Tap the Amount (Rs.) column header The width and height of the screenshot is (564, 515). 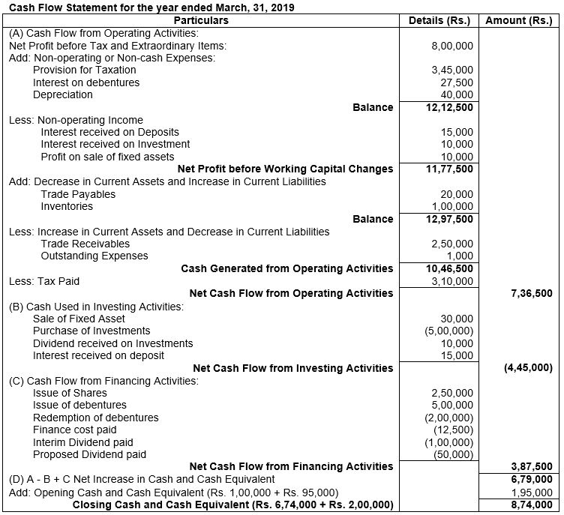tap(519, 20)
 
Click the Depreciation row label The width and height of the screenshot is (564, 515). tap(63, 94)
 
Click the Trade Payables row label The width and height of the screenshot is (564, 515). tap(76, 194)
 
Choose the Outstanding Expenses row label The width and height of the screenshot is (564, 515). tap(94, 256)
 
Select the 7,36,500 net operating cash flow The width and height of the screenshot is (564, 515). tap(529, 293)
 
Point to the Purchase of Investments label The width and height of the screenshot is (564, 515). tap(91, 331)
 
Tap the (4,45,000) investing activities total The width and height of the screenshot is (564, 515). tap(528, 367)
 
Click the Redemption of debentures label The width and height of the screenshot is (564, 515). tap(96, 417)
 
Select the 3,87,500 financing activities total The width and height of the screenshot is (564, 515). tap(529, 466)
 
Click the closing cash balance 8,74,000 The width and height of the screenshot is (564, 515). tap(529, 505)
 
